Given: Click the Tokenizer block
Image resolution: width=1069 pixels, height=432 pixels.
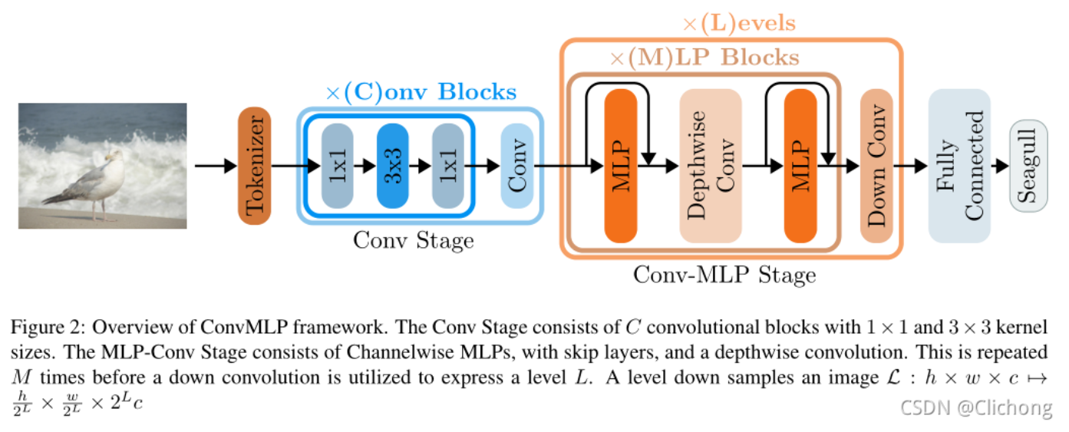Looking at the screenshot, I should point(254,166).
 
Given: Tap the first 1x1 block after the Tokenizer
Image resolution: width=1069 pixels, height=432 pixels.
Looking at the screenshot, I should point(337,165).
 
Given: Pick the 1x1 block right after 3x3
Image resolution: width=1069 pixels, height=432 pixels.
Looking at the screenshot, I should point(448,165).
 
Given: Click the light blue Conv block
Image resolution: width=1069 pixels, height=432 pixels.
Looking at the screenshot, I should point(516,165).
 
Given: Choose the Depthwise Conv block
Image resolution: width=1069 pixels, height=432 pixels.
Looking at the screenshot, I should point(710,165).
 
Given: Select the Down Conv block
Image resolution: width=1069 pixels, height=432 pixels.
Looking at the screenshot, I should point(876,165).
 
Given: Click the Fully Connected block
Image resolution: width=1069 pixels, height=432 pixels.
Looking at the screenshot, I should point(959,165).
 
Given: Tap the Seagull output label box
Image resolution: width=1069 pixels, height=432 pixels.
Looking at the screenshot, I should point(1028,165).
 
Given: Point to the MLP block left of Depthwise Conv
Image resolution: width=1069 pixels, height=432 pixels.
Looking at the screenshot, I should point(621,165).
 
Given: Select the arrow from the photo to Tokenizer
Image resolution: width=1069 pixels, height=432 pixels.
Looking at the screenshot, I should point(215,165).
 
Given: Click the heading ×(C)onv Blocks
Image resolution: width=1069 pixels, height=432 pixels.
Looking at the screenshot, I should point(421,93).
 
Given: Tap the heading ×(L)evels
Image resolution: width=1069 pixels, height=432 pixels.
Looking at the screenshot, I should point(738,24).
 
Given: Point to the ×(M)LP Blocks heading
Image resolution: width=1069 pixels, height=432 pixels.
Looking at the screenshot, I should point(704,58).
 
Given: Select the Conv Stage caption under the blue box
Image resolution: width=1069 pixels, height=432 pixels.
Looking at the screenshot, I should point(413,240).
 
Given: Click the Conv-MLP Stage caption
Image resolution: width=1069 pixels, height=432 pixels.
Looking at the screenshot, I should point(724,274).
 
